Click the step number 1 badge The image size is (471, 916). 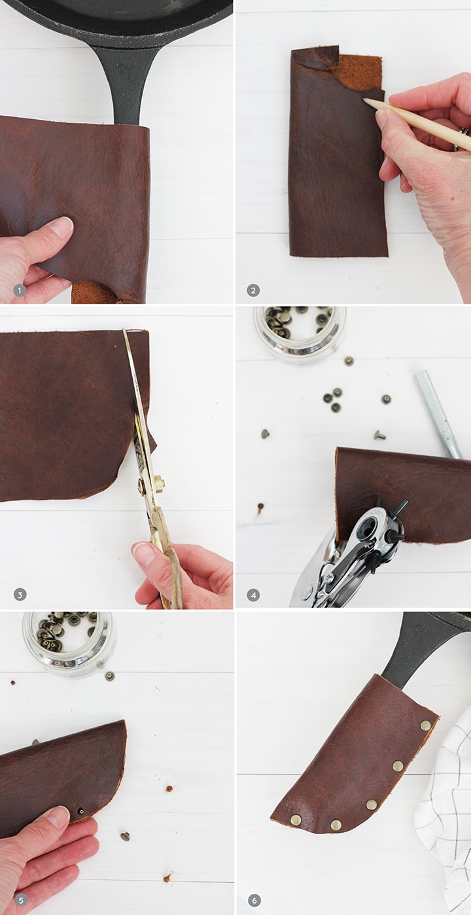click(x=20, y=291)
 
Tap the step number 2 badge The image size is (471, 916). click(x=253, y=291)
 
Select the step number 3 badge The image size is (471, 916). click(x=20, y=595)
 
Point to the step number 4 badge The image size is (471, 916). click(x=253, y=595)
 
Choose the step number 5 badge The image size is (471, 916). click(x=20, y=900)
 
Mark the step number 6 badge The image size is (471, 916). click(x=253, y=900)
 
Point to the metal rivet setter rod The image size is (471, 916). click(x=438, y=414)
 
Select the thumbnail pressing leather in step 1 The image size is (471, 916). click(x=63, y=226)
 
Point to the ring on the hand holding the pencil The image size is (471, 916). click(x=466, y=137)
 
